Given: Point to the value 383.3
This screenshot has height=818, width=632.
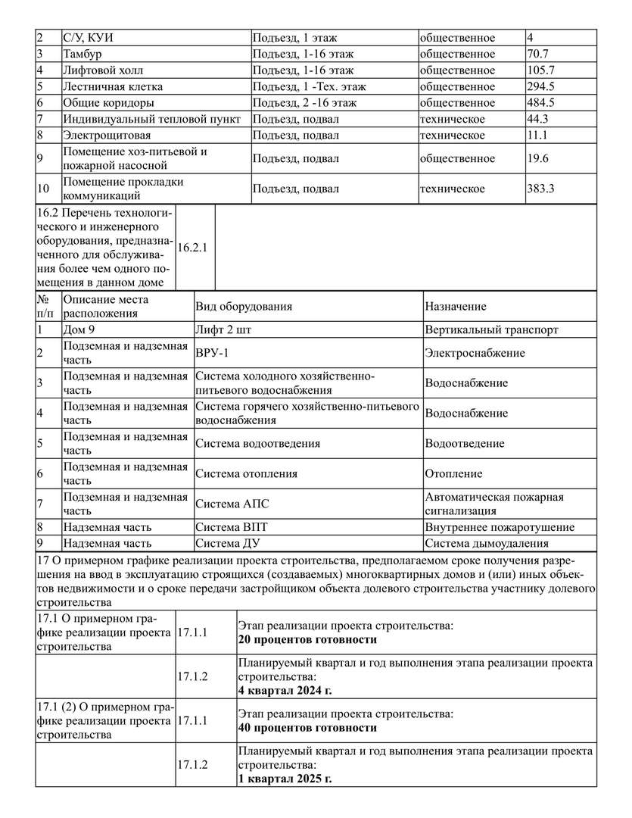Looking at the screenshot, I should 540,189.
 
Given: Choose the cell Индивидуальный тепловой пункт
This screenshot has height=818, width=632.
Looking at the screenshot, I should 152,119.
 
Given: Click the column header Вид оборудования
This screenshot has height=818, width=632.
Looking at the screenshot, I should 244,307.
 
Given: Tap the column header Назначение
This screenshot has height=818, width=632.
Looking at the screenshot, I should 456,307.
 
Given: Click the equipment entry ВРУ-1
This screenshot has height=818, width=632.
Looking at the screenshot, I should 212,353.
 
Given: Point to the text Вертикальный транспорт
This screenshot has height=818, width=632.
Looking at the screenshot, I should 491,330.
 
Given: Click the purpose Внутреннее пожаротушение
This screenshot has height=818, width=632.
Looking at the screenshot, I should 500,527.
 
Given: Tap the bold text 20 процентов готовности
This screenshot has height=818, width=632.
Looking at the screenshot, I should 307,640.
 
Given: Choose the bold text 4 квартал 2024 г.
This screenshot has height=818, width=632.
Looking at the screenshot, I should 285,690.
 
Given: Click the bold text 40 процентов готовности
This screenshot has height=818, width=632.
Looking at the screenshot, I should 307,728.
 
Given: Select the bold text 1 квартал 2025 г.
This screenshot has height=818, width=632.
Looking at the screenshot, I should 285,779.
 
